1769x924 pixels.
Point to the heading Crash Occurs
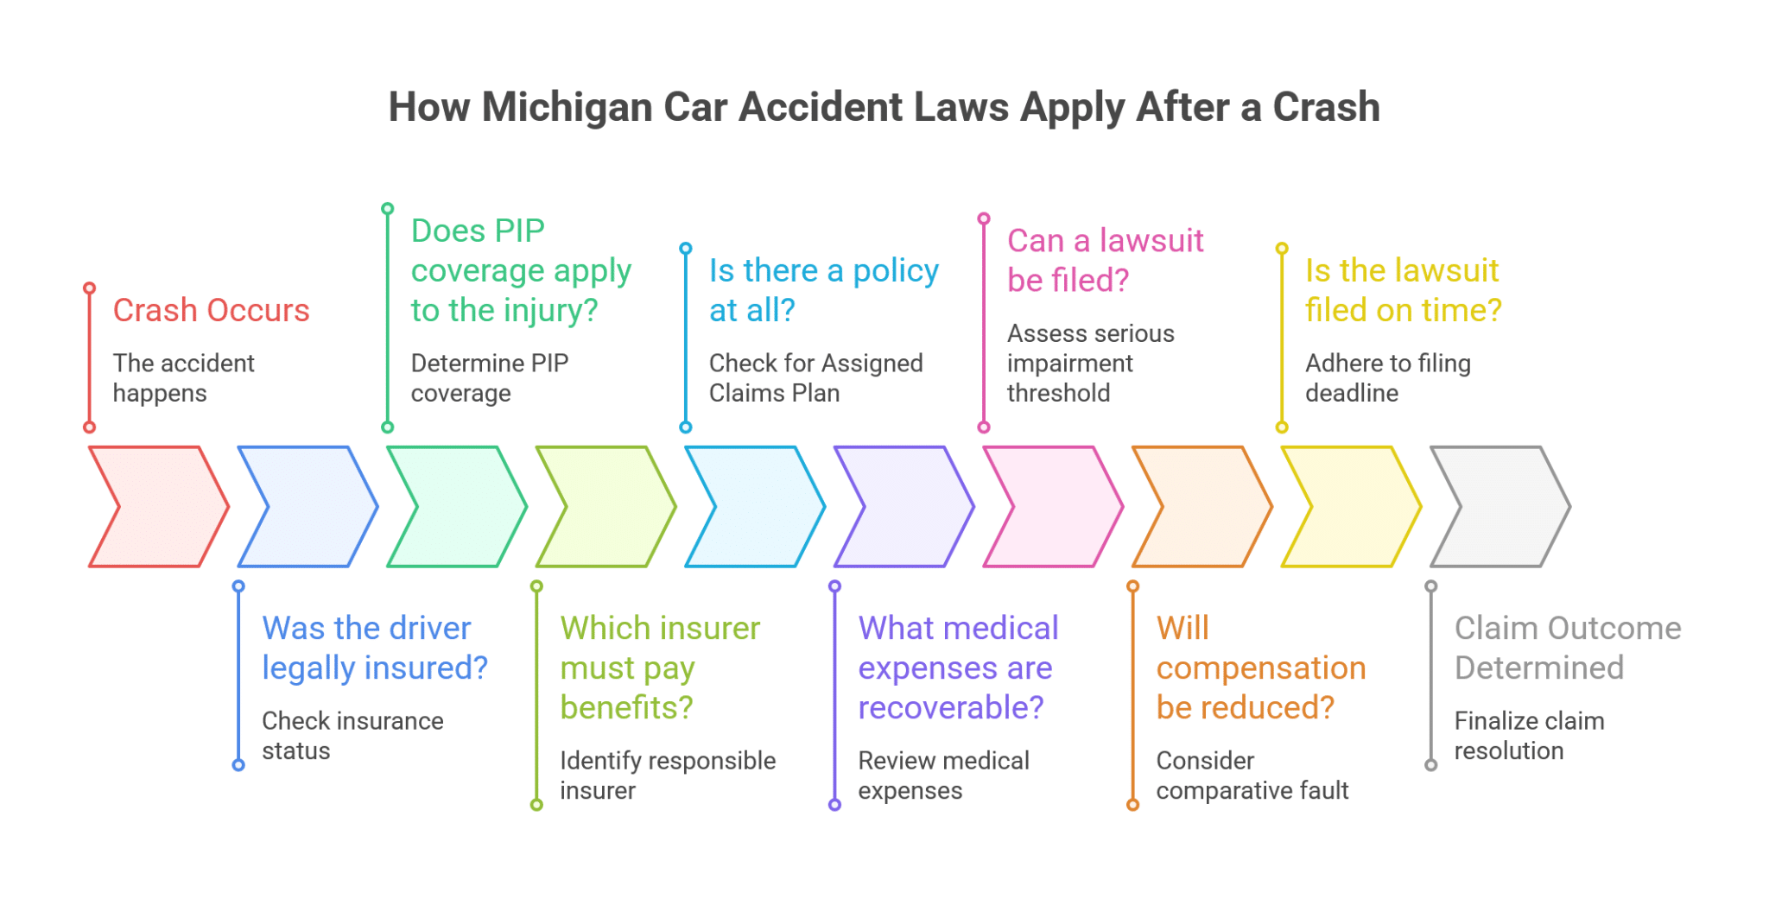pos(211,310)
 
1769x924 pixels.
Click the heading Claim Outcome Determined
pos(1567,648)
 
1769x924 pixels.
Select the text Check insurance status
pos(352,736)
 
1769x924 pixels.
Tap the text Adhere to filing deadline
pos(1387,378)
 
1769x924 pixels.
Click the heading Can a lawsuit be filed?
pos(1105,260)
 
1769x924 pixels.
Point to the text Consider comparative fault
pos(1252,775)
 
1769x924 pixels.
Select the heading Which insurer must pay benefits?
pos(659,668)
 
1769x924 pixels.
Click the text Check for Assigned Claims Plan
pos(815,378)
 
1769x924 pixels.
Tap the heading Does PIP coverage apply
pos(520,270)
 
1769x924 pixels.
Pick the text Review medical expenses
pos(943,775)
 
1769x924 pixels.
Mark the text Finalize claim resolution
pos(1529,736)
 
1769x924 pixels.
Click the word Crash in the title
pos(1326,108)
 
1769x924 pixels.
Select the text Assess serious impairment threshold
pos(1090,364)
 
